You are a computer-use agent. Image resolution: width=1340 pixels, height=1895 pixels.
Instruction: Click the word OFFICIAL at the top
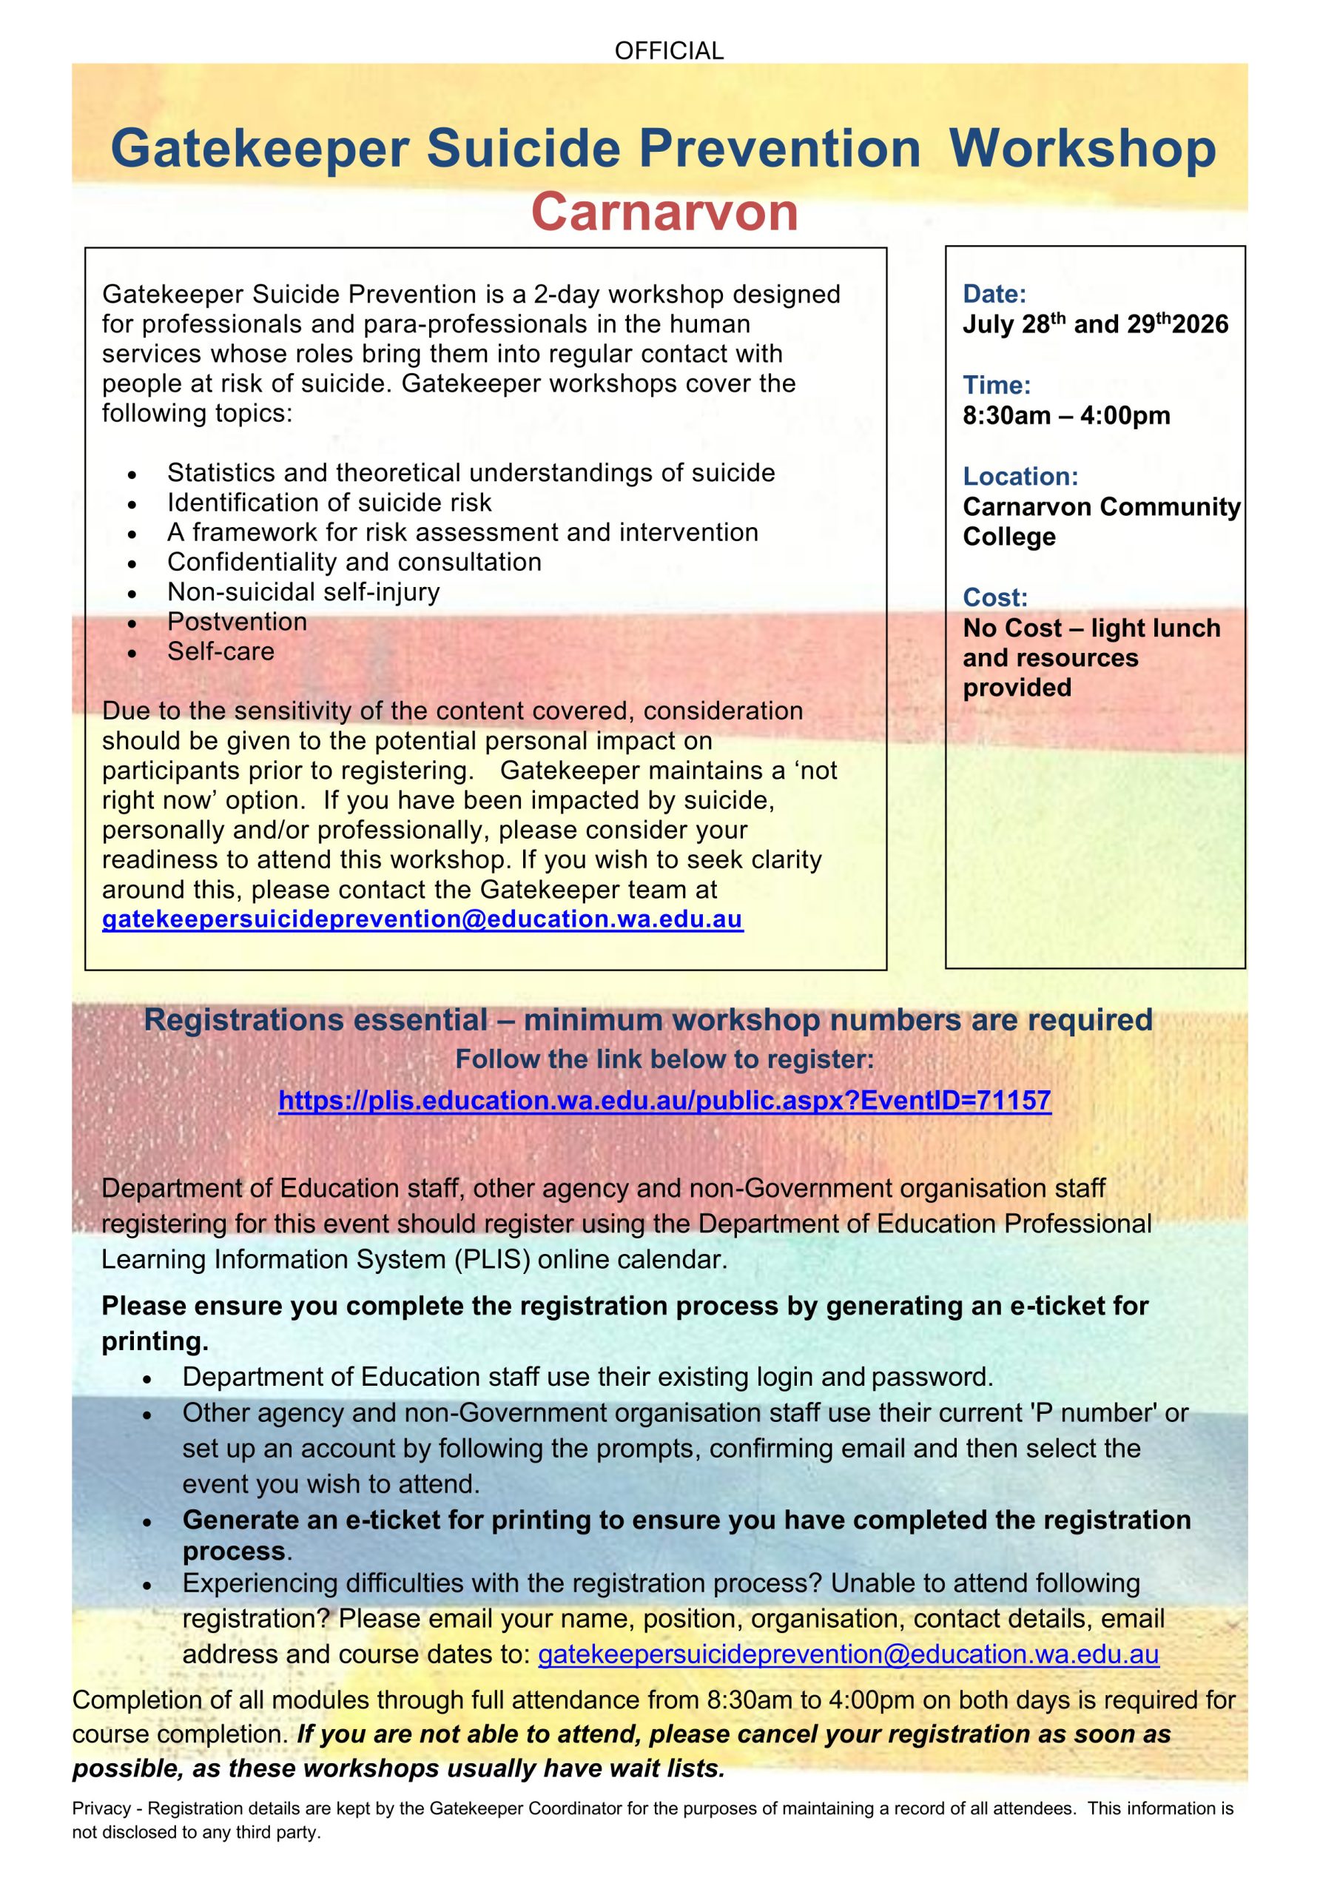(x=668, y=51)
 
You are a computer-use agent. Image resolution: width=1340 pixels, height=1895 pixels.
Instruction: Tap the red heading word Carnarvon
(x=664, y=212)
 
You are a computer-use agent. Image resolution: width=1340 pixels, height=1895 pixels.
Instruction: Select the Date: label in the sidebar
(x=994, y=294)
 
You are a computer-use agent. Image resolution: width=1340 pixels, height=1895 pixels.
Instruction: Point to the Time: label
(x=996, y=386)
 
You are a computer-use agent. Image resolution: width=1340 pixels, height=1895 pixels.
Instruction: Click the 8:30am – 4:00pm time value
(x=1066, y=415)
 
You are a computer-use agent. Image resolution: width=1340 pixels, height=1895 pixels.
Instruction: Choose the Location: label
(x=1020, y=476)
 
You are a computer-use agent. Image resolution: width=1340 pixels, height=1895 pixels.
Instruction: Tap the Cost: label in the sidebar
(x=995, y=597)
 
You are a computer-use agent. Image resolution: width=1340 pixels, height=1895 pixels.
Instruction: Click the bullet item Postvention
(x=237, y=622)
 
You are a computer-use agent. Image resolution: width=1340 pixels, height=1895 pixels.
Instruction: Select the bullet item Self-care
(x=220, y=651)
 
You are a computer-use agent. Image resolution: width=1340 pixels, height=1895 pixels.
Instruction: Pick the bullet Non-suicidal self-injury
(x=303, y=591)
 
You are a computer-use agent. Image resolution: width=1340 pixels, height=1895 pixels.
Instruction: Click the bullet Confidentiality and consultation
(x=354, y=562)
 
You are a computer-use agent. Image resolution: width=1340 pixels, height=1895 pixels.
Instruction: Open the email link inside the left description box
(x=422, y=919)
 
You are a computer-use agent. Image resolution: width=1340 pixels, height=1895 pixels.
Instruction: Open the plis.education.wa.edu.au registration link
(x=664, y=1100)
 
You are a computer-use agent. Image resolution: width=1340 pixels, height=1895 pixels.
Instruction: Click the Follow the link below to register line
(x=664, y=1059)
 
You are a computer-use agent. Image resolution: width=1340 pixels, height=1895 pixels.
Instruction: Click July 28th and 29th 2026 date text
(x=1095, y=323)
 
